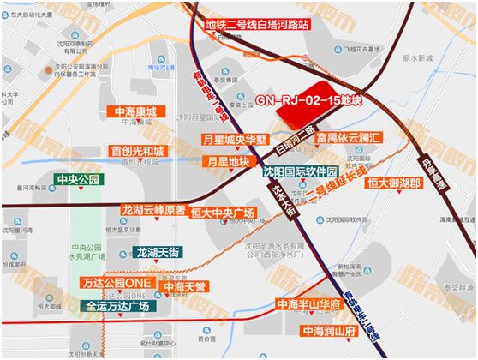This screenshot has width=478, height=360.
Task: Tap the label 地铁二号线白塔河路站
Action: tap(256, 25)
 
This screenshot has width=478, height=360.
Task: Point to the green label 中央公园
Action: tap(77, 179)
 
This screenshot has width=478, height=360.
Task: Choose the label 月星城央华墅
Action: tap(235, 139)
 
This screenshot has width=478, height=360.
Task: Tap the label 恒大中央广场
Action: tap(222, 212)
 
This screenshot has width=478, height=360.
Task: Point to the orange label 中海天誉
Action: tap(186, 285)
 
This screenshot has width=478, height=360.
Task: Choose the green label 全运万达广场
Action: tap(117, 305)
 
